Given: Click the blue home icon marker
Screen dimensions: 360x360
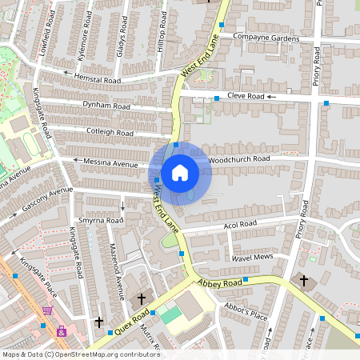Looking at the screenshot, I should (x=180, y=172).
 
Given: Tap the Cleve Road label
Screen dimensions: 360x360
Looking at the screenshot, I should (x=246, y=96).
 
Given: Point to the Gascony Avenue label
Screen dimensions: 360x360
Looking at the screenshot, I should (x=48, y=197).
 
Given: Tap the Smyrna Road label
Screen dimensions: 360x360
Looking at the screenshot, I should (x=101, y=220).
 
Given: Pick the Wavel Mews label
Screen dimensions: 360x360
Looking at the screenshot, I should (x=252, y=258).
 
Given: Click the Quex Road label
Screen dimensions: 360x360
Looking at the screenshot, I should (x=131, y=324).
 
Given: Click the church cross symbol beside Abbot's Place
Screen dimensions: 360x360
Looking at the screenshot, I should (x=303, y=281).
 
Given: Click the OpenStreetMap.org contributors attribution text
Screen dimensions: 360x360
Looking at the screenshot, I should (x=104, y=354).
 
